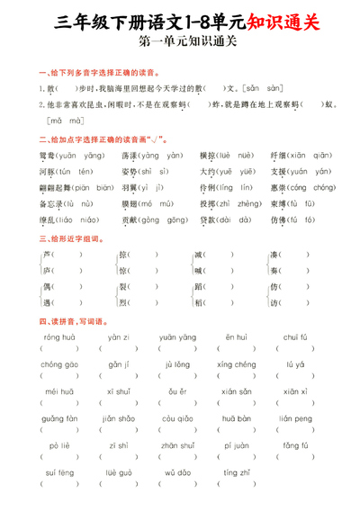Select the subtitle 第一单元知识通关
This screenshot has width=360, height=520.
(180, 42)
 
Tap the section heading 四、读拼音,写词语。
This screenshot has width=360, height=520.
(73, 321)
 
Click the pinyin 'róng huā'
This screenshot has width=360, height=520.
(58, 337)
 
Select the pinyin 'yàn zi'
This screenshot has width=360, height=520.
(119, 337)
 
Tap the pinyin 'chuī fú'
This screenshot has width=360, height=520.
(295, 337)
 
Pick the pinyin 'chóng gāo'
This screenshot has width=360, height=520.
(59, 364)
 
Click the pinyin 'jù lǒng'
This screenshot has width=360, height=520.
(177, 364)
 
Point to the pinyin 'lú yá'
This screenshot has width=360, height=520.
(295, 364)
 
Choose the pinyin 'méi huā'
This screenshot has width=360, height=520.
(58, 391)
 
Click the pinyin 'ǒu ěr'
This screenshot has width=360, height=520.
(177, 391)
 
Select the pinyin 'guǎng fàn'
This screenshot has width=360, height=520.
(59, 418)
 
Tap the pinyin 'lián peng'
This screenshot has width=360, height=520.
(295, 418)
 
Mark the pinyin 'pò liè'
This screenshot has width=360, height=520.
(58, 445)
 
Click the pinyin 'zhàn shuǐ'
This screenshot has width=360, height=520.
(177, 445)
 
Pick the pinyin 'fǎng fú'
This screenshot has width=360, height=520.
(295, 445)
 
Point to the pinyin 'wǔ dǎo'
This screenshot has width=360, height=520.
(177, 472)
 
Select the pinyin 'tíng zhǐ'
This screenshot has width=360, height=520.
(237, 472)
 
